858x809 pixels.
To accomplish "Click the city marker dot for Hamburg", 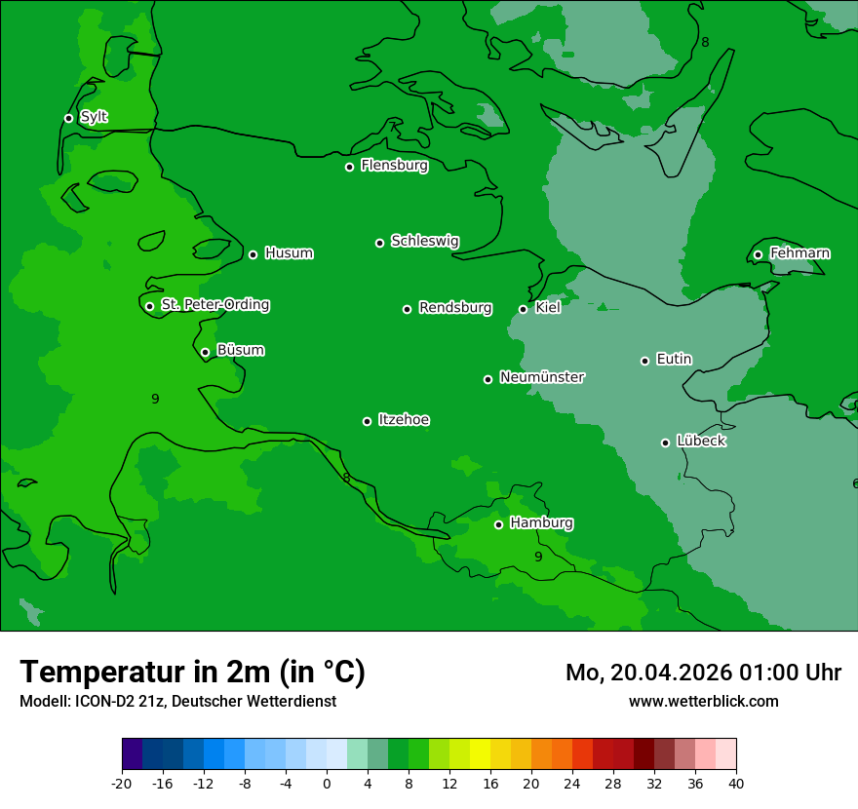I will pos(498,524).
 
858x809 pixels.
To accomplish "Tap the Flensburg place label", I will pos(394,166).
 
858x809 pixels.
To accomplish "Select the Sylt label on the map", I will pos(94,117).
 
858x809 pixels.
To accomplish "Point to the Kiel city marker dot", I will pos(523,309).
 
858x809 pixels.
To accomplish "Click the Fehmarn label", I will pos(799,253).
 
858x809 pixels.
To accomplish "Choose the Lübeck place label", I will pos(700,441).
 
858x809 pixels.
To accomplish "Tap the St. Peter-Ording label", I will pos(214,305).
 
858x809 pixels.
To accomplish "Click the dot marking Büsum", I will pos(205,352).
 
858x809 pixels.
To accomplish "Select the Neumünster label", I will pos(541,377).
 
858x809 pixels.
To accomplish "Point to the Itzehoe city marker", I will pos(367,421).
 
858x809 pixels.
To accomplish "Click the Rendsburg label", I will pos(454,308).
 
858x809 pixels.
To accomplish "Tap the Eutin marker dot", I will pos(644,361).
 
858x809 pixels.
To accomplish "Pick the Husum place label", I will pos(289,253).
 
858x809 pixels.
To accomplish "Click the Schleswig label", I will pos(424,241).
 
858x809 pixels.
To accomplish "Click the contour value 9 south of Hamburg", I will pos(537,557).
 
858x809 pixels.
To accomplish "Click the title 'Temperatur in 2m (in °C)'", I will pos(192,672).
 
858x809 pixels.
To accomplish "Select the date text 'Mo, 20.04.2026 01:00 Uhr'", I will pos(703,673).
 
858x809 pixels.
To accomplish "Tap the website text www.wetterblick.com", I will pos(703,701).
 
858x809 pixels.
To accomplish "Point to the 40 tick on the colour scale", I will pos(735,783).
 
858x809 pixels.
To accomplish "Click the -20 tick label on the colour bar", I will pos(122,783).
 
